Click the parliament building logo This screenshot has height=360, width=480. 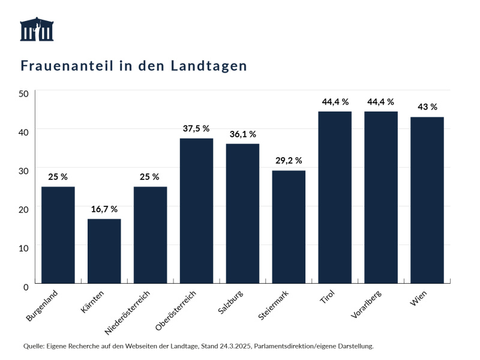pyautogui.click(x=37, y=29)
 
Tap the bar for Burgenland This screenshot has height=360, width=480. pyautogui.click(x=58, y=235)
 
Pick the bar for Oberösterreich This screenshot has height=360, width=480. pyautogui.click(x=196, y=211)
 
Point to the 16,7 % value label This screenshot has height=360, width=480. pyautogui.click(x=104, y=209)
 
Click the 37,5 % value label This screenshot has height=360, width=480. pyautogui.click(x=196, y=128)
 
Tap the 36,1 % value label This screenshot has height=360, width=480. pyautogui.click(x=242, y=134)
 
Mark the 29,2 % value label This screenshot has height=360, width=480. pyautogui.click(x=289, y=161)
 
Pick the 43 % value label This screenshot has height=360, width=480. pyautogui.click(x=427, y=107)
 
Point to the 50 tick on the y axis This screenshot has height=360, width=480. pyautogui.click(x=23, y=94)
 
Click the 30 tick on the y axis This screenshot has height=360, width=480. pyautogui.click(x=23, y=171)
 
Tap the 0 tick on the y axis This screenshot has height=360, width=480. pyautogui.click(x=26, y=287)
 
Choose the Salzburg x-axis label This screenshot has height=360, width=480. pyautogui.click(x=231, y=303)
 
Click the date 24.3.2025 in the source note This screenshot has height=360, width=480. pyautogui.click(x=244, y=346)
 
